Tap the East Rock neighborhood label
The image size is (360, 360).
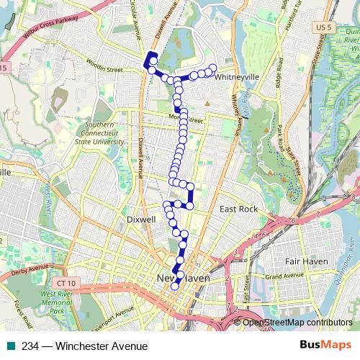[x=238, y=209]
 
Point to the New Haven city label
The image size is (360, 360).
[x=184, y=278]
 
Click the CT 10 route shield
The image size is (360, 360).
[x=67, y=266]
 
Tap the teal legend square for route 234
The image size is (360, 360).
[x=8, y=346]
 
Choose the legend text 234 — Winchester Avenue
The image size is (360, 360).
[x=79, y=346]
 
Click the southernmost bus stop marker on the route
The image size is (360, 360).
[x=175, y=287]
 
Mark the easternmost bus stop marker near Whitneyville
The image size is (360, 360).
[x=212, y=68]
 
